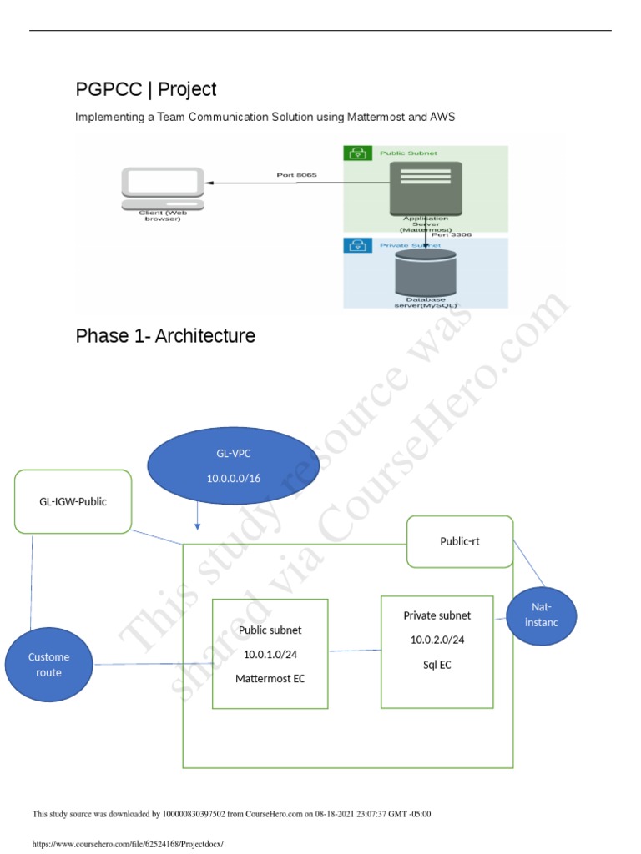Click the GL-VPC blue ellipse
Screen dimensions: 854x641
pos(233,466)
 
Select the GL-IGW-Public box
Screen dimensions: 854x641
pos(73,501)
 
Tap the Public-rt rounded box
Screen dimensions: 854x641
pos(460,541)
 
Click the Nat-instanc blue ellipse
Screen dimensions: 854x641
pos(542,615)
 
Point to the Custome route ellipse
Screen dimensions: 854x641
pos(48,664)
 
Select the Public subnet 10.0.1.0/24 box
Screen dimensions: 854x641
pos(270,653)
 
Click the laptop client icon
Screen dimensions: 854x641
pos(163,188)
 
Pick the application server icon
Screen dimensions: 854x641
pos(426,187)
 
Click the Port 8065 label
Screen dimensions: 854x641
pos(296,175)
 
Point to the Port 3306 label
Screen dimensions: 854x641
pos(452,235)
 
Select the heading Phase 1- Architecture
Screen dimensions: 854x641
pos(165,336)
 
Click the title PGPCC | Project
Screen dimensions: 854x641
pos(146,89)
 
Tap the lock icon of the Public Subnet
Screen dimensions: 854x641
pos(357,153)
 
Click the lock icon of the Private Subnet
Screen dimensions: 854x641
pos(357,246)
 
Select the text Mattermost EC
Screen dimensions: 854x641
pos(270,679)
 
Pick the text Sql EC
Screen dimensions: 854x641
pos(437,665)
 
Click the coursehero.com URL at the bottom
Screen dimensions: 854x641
pos(128,844)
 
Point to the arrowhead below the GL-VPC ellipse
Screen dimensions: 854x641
pos(197,526)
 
